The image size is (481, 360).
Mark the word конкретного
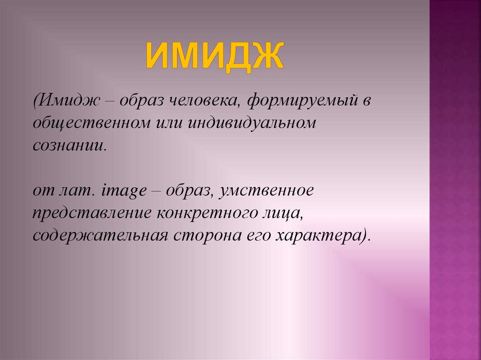point(207,214)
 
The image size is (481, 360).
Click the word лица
point(282,214)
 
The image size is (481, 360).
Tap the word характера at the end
point(320,235)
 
